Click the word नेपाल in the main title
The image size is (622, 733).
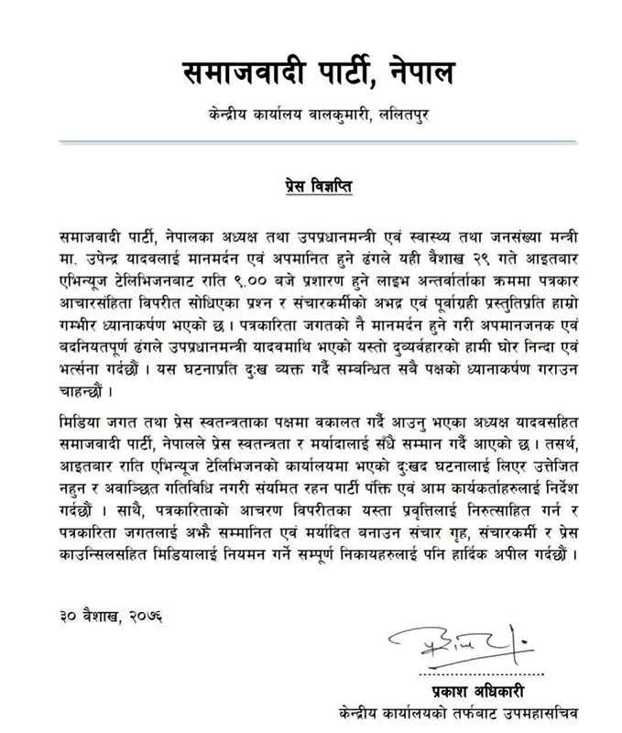(x=402, y=71)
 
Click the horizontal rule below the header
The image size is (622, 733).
(x=311, y=141)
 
